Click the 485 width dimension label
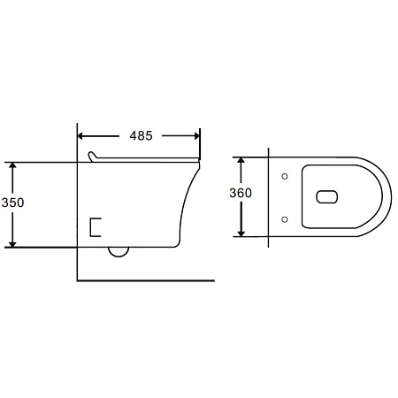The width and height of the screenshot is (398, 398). tap(141, 135)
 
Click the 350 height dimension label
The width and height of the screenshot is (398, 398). tap(12, 203)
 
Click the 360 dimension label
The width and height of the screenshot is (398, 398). tap(241, 193)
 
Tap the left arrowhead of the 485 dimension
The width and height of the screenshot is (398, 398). tap(80, 136)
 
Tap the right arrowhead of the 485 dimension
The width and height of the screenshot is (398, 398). tap(196, 136)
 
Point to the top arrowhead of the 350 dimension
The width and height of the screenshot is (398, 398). tap(12, 165)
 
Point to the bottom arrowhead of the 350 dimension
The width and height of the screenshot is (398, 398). tap(12, 244)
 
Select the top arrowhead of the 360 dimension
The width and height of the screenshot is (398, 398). tap(241, 160)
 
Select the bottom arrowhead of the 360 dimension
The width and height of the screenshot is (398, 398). tap(241, 233)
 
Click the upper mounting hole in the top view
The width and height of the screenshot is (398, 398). tap(285, 176)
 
